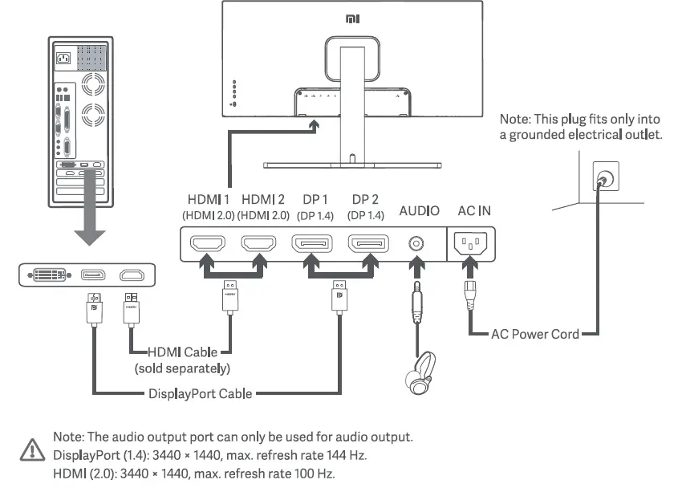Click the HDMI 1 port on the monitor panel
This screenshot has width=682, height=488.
pos(208,243)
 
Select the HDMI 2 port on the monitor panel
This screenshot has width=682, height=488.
pos(259,243)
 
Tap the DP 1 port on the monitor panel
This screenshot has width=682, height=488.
pos(312,243)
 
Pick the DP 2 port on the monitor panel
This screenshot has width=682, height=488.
pos(368,243)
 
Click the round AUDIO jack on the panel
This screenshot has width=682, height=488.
pos(416,243)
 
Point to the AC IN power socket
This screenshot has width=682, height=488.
pos(470,242)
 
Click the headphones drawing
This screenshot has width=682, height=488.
pos(420,373)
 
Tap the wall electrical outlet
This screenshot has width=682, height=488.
pos(606,176)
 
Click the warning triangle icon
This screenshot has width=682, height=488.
pos(32,449)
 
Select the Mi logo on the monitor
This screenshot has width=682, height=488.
pos(352,18)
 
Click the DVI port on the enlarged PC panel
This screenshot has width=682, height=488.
pos(50,274)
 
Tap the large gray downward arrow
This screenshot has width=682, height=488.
pos(90,207)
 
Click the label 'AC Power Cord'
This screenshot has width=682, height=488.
pos(535,334)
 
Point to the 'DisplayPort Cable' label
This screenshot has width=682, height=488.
pos(200,393)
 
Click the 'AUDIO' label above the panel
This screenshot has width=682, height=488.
pos(420,211)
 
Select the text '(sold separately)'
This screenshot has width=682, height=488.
pos(182,368)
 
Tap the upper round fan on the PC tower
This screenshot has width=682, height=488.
pos(93,84)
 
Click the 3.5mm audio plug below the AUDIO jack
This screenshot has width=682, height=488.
pos(417,303)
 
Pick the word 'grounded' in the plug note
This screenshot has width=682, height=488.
pos(537,135)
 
